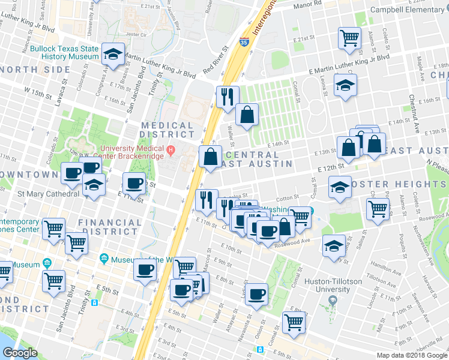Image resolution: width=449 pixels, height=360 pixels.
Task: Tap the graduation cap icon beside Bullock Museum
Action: (112, 54)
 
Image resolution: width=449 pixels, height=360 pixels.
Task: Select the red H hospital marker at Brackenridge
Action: (171, 149)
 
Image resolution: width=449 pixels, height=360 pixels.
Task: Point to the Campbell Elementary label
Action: (409, 9)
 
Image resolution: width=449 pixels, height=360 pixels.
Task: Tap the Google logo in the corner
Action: (20, 353)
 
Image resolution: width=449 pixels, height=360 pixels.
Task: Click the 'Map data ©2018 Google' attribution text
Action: (412, 355)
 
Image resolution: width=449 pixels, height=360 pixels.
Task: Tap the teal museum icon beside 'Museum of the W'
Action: (104, 259)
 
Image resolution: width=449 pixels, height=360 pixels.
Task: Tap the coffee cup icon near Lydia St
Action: (256, 295)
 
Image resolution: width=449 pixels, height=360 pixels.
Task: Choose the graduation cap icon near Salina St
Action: (333, 245)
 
